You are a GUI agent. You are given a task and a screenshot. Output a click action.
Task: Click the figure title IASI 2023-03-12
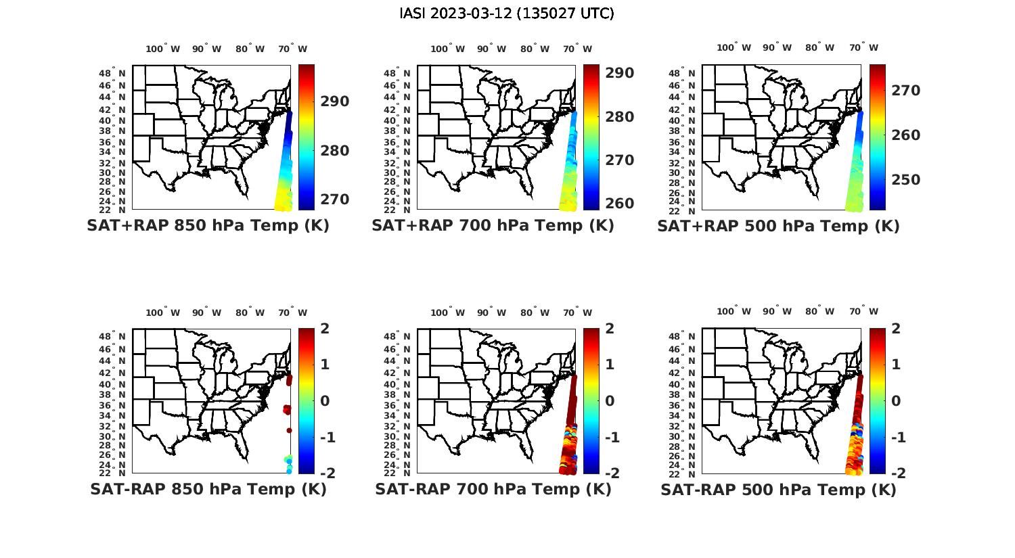tap(507, 14)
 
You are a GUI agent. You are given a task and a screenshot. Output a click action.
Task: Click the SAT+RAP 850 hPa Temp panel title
tap(208, 226)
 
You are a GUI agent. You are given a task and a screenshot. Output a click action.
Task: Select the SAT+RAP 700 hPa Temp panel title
tap(493, 226)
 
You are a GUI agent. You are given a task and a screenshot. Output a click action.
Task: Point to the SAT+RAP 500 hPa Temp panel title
tap(778, 226)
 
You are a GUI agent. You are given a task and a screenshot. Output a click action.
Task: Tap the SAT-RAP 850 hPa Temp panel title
tap(208, 489)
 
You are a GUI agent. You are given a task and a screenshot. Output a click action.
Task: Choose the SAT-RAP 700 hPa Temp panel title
tap(493, 489)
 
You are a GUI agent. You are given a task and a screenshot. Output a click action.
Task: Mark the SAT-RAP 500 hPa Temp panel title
tap(778, 489)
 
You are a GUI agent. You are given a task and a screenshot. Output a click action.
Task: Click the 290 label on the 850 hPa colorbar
tap(335, 101)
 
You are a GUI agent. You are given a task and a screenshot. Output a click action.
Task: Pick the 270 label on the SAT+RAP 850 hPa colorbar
tap(335, 200)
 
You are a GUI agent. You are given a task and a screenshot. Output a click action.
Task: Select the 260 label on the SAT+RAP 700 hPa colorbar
tap(620, 203)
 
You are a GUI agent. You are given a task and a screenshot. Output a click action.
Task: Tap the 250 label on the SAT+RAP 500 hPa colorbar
tap(905, 179)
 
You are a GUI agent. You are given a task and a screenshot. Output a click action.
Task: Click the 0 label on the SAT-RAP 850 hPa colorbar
tap(325, 400)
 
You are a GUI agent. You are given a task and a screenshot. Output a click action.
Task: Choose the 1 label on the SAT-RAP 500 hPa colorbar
tap(895, 364)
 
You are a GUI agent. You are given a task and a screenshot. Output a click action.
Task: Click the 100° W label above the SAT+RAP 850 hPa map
tap(163, 49)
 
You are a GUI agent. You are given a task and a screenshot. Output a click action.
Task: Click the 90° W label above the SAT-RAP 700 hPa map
tap(491, 312)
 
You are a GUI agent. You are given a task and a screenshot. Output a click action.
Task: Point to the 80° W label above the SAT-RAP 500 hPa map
tap(819, 311)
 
